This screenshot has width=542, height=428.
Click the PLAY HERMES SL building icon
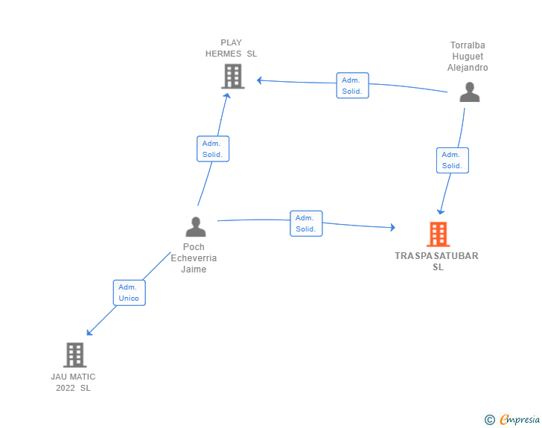[x=232, y=76]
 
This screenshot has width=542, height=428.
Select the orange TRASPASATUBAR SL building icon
[x=438, y=234]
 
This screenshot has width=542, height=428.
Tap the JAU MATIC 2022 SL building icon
[x=74, y=355]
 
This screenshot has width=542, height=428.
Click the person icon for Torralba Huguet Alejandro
[x=469, y=92]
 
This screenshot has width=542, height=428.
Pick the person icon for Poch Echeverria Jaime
[x=195, y=227]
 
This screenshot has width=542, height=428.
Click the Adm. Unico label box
[x=129, y=293]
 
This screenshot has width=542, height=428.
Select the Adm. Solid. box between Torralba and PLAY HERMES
[x=352, y=86]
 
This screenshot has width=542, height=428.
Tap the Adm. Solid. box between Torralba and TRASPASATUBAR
[x=452, y=160]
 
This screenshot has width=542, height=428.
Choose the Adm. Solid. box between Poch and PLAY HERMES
[x=213, y=149]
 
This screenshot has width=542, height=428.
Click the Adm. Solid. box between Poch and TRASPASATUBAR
[x=306, y=223]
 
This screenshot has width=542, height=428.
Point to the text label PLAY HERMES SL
[x=232, y=48]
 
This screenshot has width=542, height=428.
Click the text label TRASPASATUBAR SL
[x=437, y=261]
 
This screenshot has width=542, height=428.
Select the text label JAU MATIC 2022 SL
[x=73, y=382]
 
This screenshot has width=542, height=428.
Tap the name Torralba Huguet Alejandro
[x=468, y=57]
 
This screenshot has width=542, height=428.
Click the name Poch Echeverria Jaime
[x=194, y=258]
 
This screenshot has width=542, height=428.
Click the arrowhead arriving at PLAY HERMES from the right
[x=259, y=80]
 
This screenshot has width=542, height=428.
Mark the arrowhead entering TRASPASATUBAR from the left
[x=392, y=227]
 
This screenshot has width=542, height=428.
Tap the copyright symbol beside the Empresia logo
[x=490, y=420]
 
